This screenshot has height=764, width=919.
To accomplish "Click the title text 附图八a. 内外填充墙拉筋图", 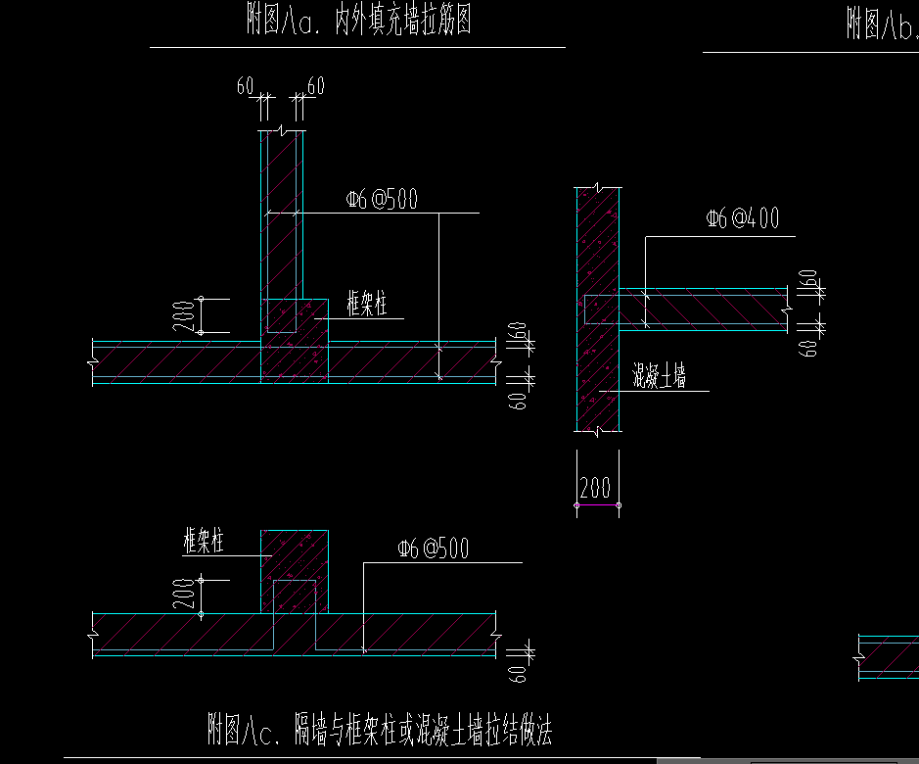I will click(359, 22).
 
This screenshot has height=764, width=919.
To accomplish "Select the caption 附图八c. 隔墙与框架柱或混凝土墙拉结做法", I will click(381, 729).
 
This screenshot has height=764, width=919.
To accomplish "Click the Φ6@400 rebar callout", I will click(743, 219).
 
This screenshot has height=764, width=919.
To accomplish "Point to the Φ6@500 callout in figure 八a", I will click(382, 200).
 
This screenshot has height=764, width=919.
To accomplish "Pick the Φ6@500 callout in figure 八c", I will click(433, 549).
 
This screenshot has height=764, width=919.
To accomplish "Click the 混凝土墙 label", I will click(659, 375).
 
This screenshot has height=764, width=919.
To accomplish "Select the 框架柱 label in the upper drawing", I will click(367, 304).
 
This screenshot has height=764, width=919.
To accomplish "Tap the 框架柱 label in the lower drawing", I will click(204, 541).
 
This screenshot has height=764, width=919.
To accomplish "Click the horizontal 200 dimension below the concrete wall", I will click(595, 488).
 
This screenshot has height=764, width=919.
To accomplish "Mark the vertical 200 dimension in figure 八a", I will click(185, 316).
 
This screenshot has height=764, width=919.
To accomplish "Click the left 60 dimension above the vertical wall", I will click(245, 86).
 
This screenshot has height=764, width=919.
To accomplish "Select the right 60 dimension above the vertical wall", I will click(316, 86).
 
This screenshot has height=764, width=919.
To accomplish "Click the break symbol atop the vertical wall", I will click(281, 130).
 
